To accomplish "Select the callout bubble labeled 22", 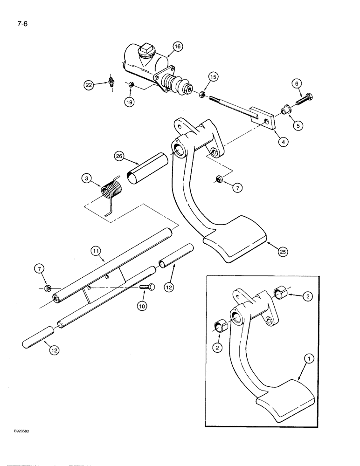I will [x=89, y=85].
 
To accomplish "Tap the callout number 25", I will [x=282, y=252].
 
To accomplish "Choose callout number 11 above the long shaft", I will [x=97, y=251].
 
